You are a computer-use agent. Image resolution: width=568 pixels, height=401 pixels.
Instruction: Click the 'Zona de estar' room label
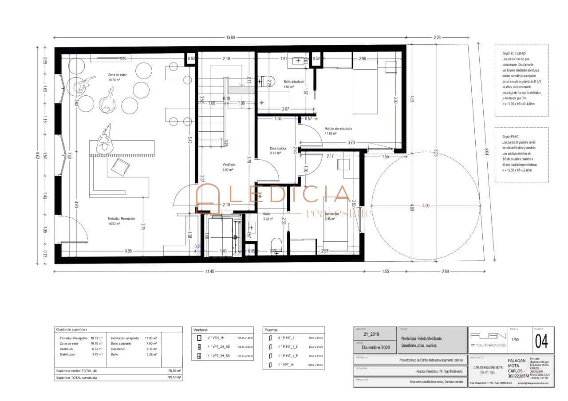(x=118, y=75)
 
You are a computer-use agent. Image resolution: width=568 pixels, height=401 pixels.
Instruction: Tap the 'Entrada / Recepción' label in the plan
(x=121, y=218)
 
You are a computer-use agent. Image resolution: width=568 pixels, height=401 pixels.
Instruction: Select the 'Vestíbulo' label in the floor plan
(x=229, y=164)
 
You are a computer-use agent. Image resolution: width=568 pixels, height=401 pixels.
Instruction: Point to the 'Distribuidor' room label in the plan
(x=278, y=149)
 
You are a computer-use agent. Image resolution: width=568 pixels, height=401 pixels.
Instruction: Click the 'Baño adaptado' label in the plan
(x=294, y=82)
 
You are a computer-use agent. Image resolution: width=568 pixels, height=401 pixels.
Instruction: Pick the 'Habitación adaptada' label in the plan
(x=338, y=128)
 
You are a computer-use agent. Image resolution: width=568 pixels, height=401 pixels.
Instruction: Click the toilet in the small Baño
(x=276, y=244)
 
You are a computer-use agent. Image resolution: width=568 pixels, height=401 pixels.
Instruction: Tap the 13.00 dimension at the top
(x=230, y=38)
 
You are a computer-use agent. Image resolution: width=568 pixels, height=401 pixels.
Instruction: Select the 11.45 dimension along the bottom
(x=209, y=271)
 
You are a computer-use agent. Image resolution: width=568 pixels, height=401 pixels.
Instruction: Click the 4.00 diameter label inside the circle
(x=426, y=206)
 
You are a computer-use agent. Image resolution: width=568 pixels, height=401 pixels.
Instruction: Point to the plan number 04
(x=541, y=342)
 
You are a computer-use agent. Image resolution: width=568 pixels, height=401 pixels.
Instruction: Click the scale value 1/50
(x=515, y=340)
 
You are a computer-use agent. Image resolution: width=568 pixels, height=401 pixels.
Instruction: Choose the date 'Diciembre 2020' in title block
(x=375, y=348)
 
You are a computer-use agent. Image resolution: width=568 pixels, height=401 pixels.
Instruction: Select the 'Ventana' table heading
(x=201, y=330)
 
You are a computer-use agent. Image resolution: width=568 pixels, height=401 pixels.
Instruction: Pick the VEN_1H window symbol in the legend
(x=199, y=338)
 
